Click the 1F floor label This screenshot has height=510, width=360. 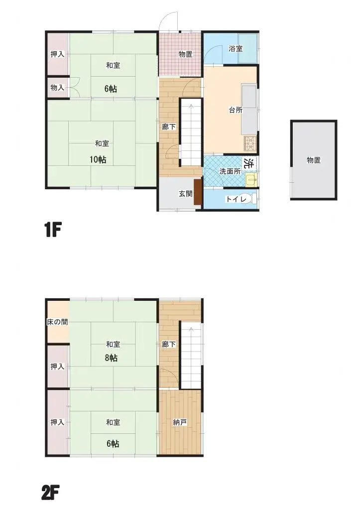pyautogui.click(x=53, y=231)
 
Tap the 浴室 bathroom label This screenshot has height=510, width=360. pyautogui.click(x=236, y=49)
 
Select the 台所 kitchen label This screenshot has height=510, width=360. pyautogui.click(x=236, y=110)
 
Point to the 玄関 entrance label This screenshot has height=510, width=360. pyautogui.click(x=186, y=194)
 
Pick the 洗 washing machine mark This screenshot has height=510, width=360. pyautogui.click(x=249, y=162)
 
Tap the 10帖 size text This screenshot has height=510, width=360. pyautogui.click(x=98, y=159)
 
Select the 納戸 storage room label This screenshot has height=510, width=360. pyautogui.click(x=180, y=422)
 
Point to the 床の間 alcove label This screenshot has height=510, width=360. pyautogui.click(x=57, y=322)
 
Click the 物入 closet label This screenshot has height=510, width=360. pyautogui.click(x=57, y=88)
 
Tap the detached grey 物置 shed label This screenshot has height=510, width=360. pyautogui.click(x=313, y=160)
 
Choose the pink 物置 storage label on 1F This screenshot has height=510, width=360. pyautogui.click(x=186, y=54)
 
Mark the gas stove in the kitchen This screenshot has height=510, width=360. pyautogui.click(x=250, y=143)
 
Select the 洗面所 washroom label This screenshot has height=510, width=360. pyautogui.click(x=231, y=171)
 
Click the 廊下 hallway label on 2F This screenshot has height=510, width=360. pyautogui.click(x=168, y=344)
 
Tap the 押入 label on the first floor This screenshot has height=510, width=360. pyautogui.click(x=57, y=54)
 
